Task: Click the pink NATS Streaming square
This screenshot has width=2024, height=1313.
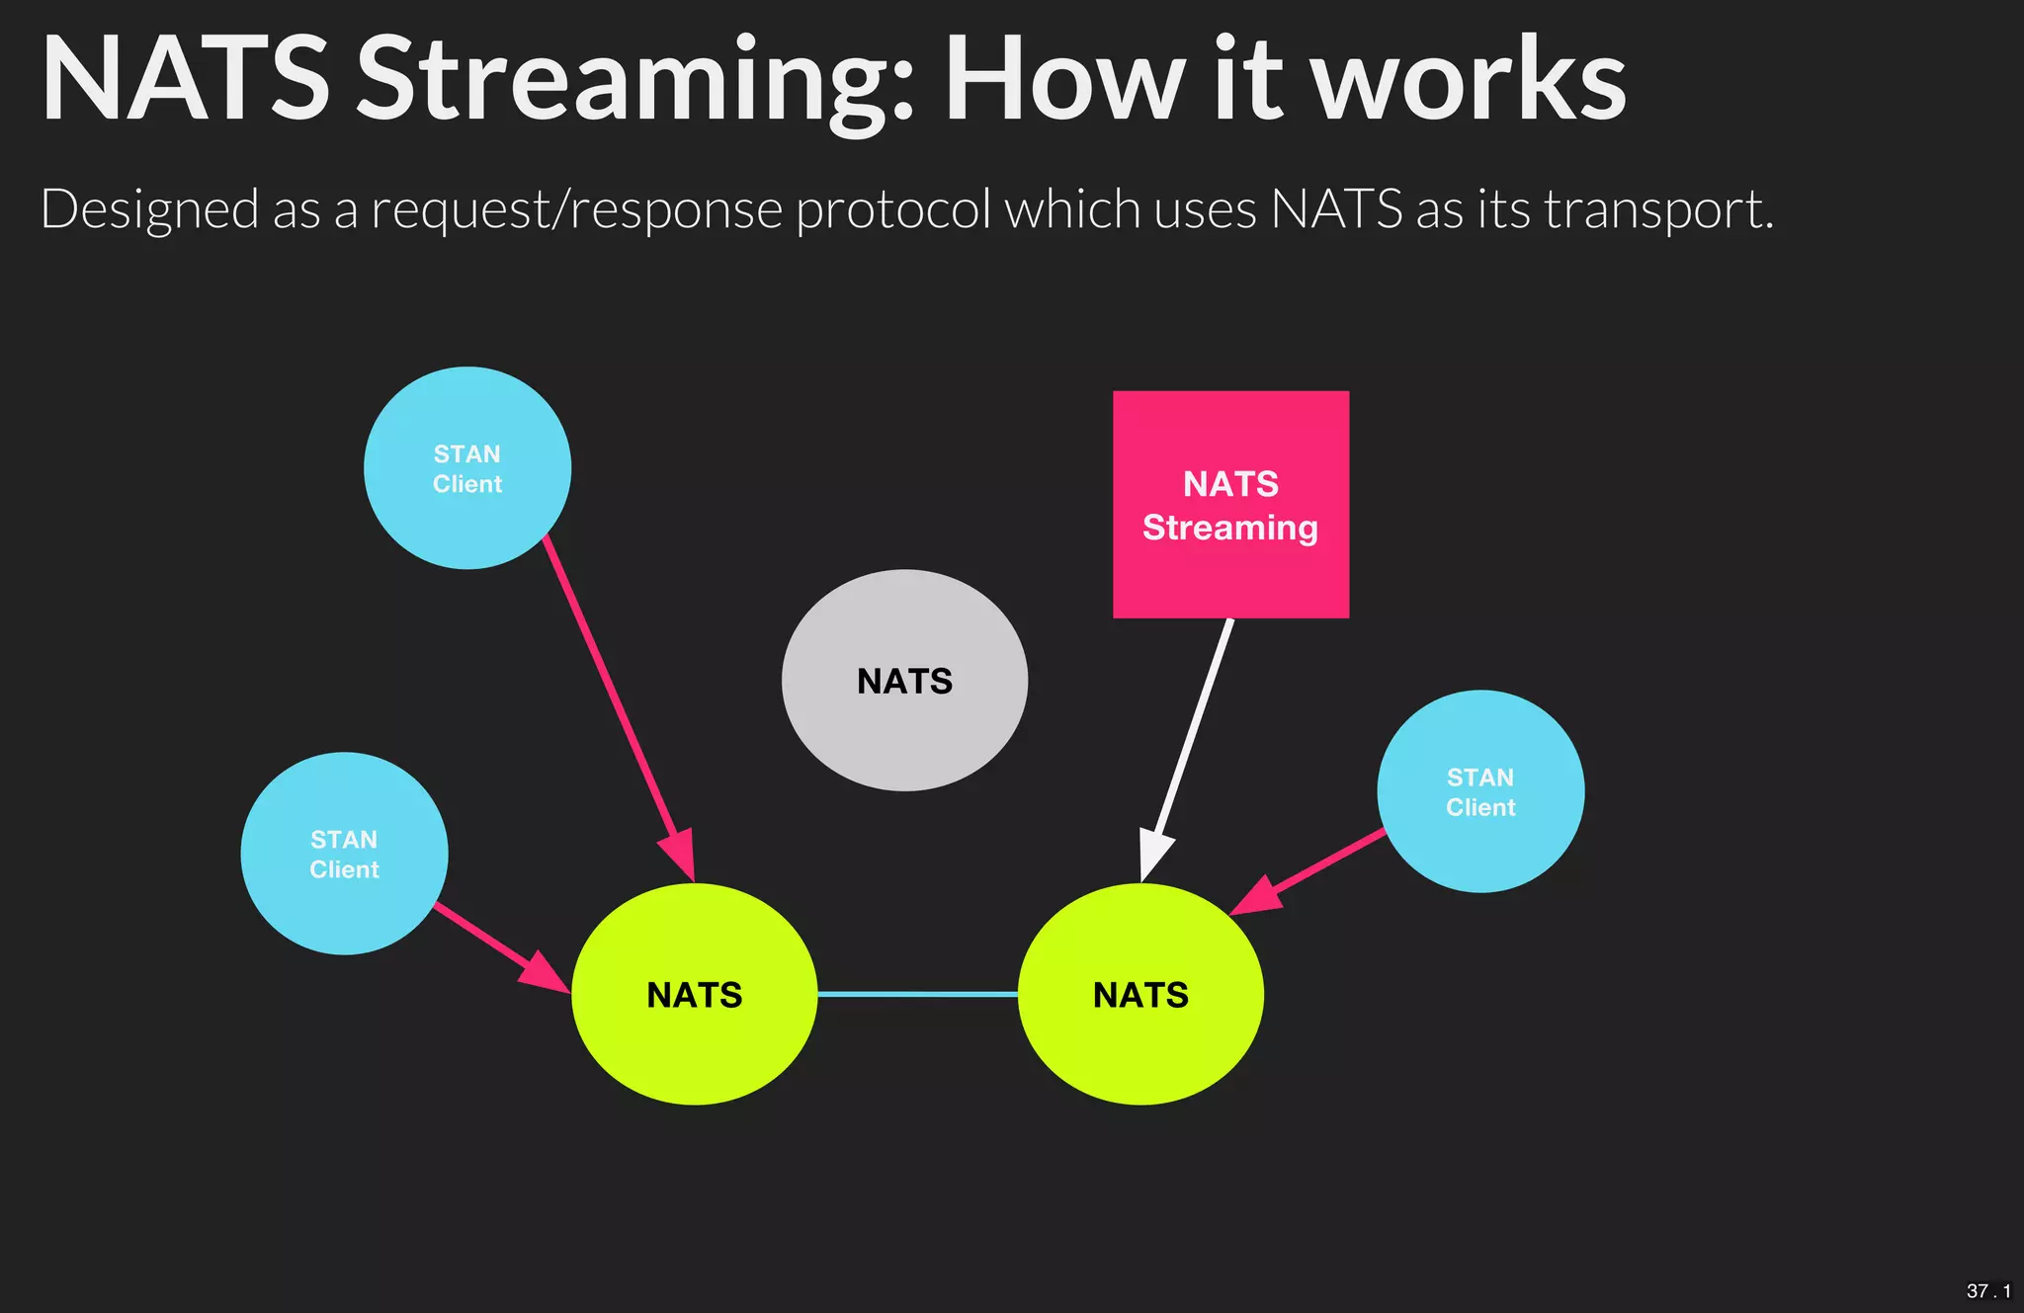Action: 1230,505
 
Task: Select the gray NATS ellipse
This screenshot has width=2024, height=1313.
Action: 904,681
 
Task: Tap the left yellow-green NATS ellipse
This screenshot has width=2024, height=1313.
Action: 695,994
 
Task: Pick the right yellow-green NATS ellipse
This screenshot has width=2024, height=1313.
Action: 1140,994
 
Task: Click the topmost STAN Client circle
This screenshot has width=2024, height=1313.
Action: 467,468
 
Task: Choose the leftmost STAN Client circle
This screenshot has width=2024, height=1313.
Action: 344,854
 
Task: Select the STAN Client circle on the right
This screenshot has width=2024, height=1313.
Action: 1480,791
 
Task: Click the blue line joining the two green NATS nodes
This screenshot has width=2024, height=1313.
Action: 917,994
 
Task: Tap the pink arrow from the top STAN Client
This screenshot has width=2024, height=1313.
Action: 613,692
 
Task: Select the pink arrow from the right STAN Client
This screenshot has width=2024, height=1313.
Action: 1314,868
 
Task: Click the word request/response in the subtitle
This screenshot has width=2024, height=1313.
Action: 576,209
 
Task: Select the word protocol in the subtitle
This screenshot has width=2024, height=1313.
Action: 892,209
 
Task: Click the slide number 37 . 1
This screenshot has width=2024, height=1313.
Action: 1987,1291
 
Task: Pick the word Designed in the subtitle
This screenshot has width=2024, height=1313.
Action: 149,209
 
